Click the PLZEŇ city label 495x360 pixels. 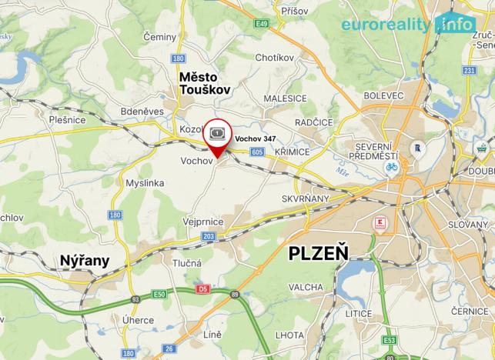[x=318, y=253]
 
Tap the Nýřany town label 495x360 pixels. [x=85, y=261]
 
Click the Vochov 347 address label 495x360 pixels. [x=255, y=138]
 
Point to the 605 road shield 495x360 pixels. [x=257, y=152]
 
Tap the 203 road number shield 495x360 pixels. [x=209, y=236]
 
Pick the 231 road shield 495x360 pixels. [x=470, y=72]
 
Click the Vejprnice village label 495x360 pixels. [x=203, y=221]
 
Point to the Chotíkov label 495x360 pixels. [x=275, y=57]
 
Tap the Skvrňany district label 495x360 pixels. [x=309, y=198]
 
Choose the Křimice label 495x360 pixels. [x=293, y=152]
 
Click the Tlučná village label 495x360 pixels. [x=187, y=262]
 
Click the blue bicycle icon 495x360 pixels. [x=391, y=166]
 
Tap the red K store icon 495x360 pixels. [x=376, y=224]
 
